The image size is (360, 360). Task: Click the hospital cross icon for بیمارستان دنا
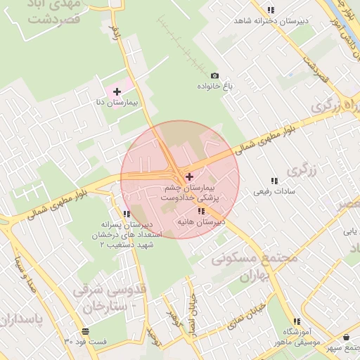(x=117, y=91)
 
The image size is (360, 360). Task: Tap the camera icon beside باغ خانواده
(x=215, y=76)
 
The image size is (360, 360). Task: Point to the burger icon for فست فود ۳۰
(x=85, y=331)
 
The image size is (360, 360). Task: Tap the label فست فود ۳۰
(x=86, y=342)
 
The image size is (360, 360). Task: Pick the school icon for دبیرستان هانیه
(x=201, y=211)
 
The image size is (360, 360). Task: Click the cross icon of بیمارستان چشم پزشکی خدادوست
(x=189, y=176)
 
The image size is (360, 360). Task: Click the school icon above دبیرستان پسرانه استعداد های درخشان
(x=127, y=214)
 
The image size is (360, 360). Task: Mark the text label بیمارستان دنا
(x=117, y=103)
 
